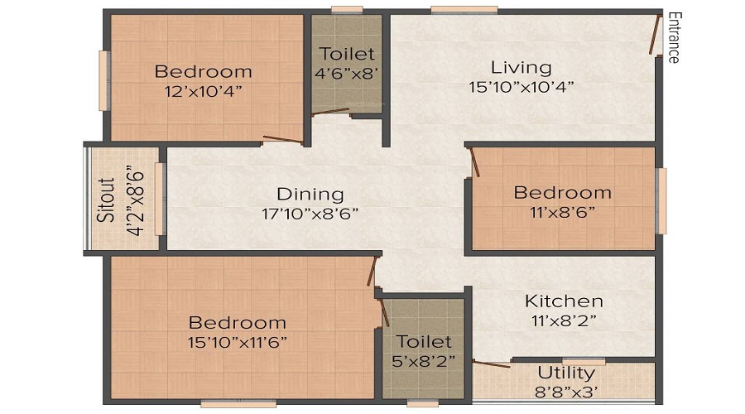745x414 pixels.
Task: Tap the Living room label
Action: [521, 68]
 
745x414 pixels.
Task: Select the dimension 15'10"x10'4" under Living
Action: [521, 87]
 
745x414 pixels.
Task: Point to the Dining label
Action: [310, 194]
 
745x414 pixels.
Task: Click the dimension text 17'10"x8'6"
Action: [310, 214]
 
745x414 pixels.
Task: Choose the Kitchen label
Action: [564, 301]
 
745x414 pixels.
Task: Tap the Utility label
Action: [566, 373]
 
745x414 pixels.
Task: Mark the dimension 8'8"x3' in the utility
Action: [566, 392]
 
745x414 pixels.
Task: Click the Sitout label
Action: [107, 200]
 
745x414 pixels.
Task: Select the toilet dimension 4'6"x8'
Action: [346, 74]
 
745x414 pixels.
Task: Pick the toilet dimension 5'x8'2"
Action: [423, 361]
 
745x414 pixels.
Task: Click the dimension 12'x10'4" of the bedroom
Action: [204, 91]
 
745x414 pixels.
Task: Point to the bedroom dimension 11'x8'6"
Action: [563, 212]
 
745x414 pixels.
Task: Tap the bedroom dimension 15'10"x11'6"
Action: [237, 342]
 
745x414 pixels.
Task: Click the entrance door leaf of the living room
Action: [656, 35]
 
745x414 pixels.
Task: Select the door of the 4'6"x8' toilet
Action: [330, 112]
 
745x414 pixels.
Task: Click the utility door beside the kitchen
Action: [492, 364]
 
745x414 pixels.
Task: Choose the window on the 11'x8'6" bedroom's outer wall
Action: [661, 200]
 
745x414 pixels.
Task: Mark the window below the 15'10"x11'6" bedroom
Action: [238, 404]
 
